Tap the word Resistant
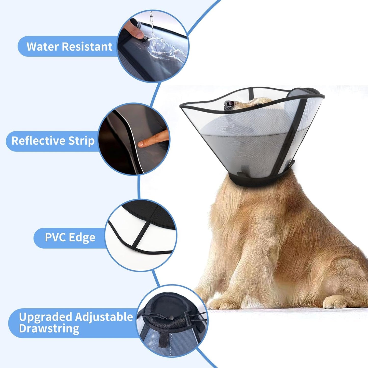[x=87, y=47]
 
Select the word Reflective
[x=38, y=141]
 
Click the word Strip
[x=81, y=141]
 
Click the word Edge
[x=82, y=237]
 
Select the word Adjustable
[x=104, y=317]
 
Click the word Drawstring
[x=49, y=329]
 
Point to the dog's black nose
[x=229, y=104]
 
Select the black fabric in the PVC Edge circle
[x=150, y=214]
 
